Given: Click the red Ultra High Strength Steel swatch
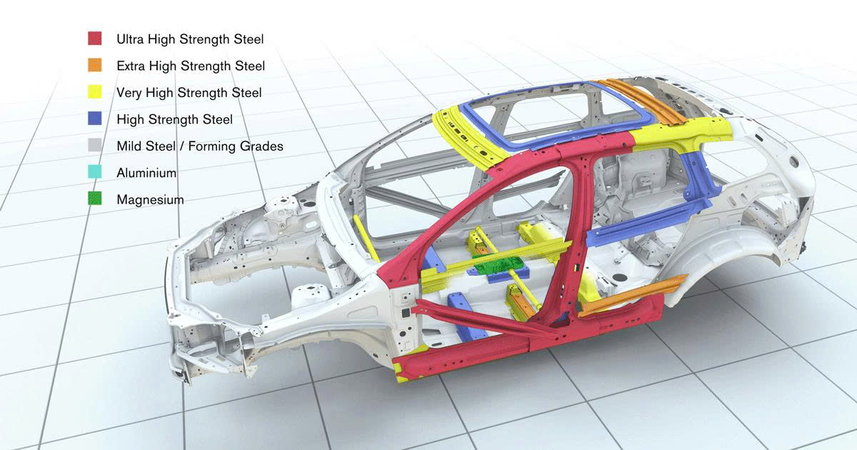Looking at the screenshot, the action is pos(94,39).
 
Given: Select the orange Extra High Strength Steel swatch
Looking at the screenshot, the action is pos(94,65).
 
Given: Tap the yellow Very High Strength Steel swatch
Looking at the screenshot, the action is pos(94,92).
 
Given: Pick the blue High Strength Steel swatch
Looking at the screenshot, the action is pos(94,119).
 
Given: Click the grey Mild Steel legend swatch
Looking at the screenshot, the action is pos(94,146).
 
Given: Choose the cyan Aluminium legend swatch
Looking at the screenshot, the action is pos(94,172).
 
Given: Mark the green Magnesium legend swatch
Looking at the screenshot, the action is pos(94,199).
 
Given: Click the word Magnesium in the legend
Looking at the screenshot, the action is pos(150,200).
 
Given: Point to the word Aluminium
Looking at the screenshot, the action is pos(146,173).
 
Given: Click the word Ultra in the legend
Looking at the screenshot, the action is pos(131,39).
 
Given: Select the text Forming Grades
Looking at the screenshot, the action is pos(236,146).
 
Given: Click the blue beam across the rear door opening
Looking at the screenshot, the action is pos(646,223).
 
